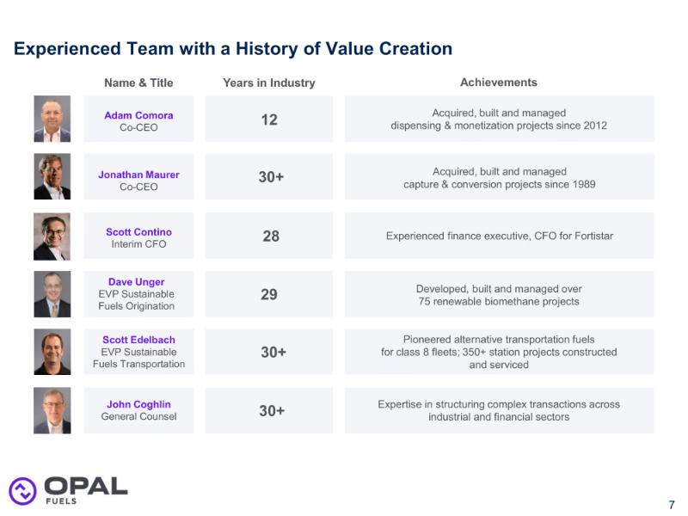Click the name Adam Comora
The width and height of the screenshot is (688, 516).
138,115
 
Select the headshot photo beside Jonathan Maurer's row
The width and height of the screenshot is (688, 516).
52,176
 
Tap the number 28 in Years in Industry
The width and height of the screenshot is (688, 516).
271,236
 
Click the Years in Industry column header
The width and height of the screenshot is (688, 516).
269,83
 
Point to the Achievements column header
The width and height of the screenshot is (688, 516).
499,83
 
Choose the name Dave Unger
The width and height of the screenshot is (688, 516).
137,282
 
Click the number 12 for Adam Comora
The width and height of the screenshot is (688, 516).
269,120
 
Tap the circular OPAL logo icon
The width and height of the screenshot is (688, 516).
23,491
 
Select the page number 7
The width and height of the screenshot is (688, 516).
672,505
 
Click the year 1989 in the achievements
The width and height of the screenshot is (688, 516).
584,184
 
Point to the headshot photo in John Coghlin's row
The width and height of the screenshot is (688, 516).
52,411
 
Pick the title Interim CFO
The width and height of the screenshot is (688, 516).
138,244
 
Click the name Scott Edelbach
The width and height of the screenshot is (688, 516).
138,340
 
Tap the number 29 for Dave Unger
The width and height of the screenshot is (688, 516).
269,294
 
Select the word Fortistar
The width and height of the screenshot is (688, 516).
593,236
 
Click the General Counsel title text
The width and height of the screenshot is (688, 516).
138,416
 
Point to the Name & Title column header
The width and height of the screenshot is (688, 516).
138,83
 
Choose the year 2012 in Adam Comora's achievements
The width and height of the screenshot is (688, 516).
594,126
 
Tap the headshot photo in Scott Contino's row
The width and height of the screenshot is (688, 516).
52,236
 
